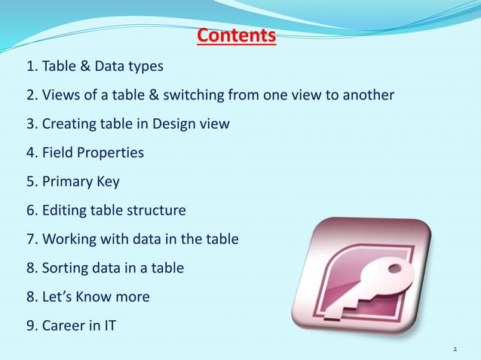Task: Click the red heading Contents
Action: coord(236,36)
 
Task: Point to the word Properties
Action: coord(110,154)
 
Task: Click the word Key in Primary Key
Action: coord(107,182)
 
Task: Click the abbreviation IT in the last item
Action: coord(110,325)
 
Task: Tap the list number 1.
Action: coord(31,67)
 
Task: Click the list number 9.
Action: coord(31,325)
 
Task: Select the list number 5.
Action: coord(31,182)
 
